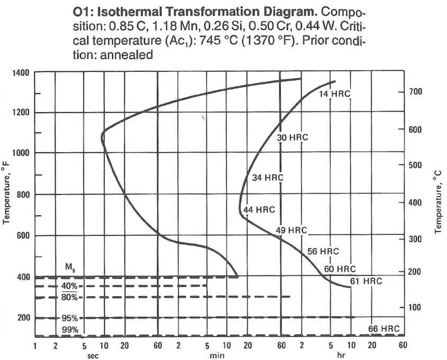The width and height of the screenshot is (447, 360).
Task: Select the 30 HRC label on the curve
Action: (293, 137)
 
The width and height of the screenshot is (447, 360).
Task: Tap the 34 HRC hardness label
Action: (268, 178)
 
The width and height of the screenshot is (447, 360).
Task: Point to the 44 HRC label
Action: (259, 210)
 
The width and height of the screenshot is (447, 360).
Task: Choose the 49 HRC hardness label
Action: (291, 230)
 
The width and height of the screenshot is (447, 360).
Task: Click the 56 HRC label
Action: (323, 251)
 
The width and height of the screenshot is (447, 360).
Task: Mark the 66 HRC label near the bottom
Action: (384, 329)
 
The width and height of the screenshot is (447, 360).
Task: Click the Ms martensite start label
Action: (70, 267)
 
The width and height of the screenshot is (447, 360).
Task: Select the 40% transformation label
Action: (69, 286)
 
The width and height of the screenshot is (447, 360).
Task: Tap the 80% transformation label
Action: (69, 297)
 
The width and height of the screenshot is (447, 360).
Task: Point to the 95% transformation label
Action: (69, 318)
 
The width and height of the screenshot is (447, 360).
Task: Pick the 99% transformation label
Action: (69, 330)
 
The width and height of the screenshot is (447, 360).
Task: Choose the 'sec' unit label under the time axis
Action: (93, 355)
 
